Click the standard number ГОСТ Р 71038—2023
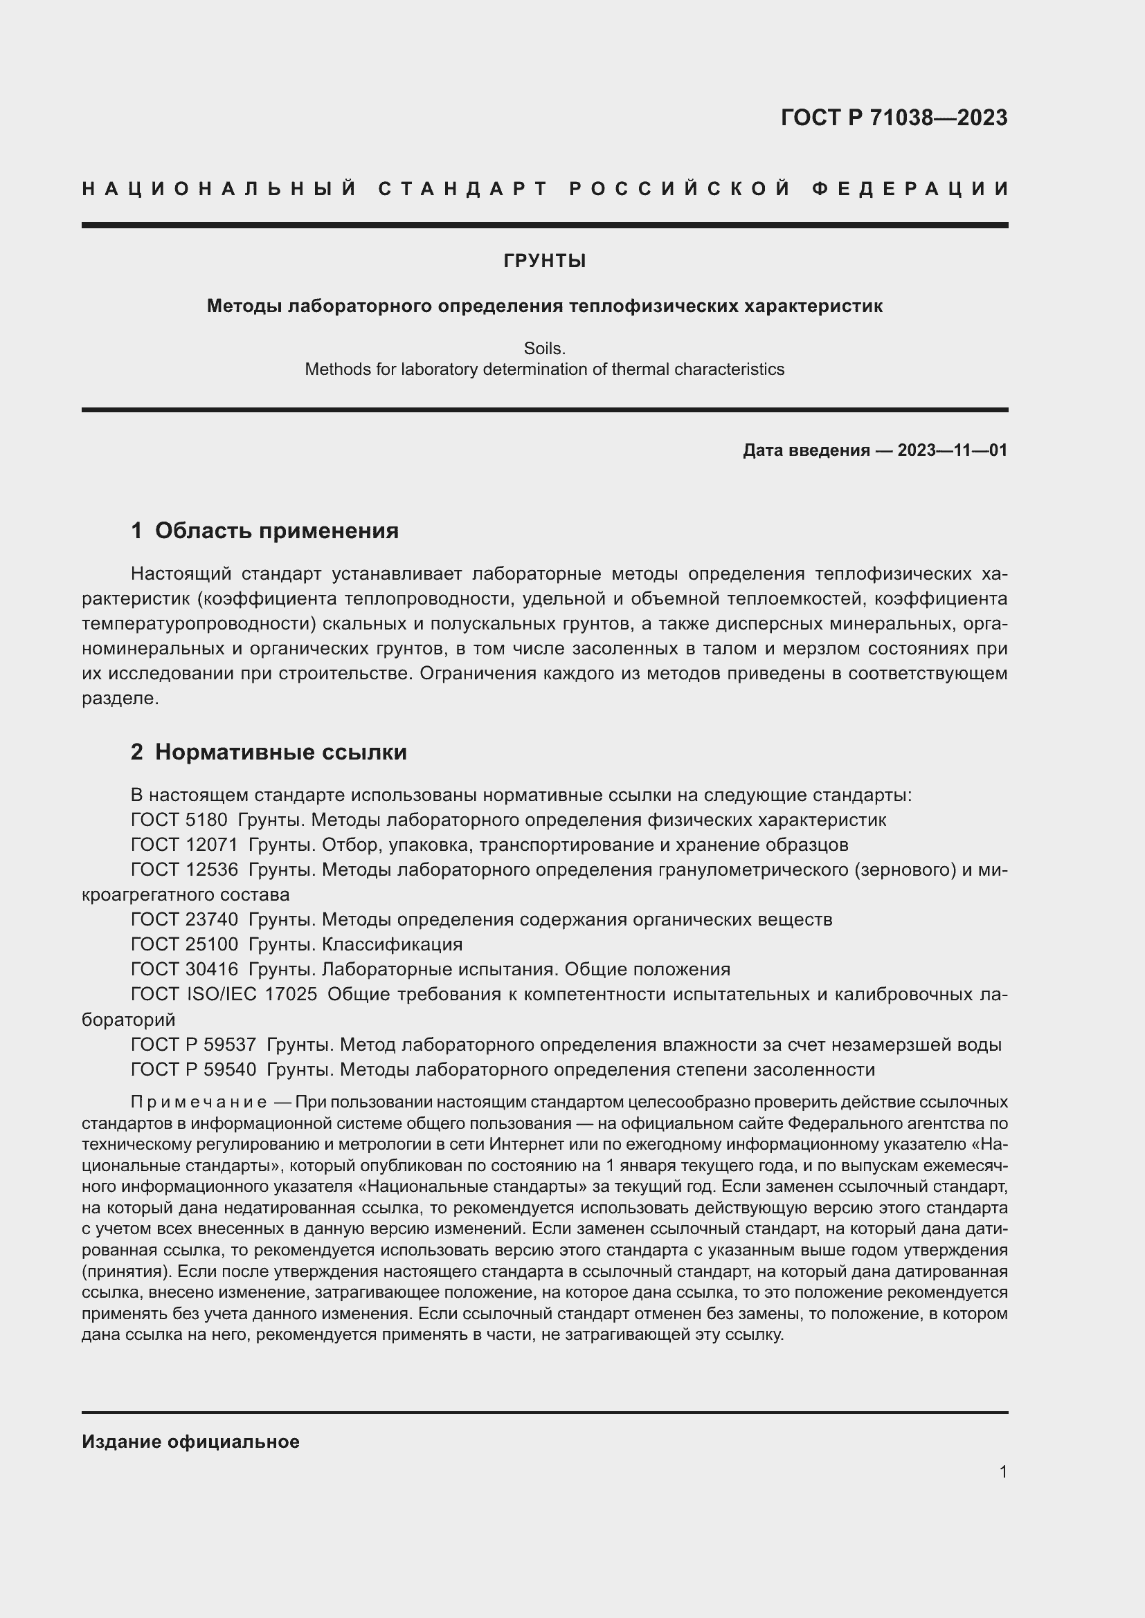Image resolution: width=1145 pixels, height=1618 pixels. coord(894,118)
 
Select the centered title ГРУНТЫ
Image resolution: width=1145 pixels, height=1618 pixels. coord(544,261)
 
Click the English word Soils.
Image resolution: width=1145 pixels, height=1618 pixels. coord(544,348)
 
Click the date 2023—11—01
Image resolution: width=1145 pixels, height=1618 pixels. coord(952,450)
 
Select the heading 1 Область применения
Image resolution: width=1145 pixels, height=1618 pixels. coord(264,531)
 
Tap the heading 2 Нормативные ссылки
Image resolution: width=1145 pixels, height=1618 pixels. coord(269,752)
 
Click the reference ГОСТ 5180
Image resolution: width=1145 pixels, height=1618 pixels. coord(179,820)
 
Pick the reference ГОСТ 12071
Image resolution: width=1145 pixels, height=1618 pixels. coord(184,844)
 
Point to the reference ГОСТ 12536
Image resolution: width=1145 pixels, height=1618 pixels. coord(184,870)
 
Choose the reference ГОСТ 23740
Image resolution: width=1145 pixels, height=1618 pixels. coord(184,919)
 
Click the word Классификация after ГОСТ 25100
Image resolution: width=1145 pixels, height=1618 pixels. coord(392,944)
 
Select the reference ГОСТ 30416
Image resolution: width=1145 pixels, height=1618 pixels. coord(184,969)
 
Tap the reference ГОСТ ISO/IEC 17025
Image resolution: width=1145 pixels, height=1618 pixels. coord(224,994)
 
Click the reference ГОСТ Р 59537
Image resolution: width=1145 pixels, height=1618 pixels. coord(193,1045)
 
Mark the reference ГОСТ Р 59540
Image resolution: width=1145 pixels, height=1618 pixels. coord(193,1069)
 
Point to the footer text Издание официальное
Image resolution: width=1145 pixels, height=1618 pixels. coord(190,1442)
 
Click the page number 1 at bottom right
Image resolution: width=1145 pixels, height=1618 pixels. coord(1003,1471)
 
